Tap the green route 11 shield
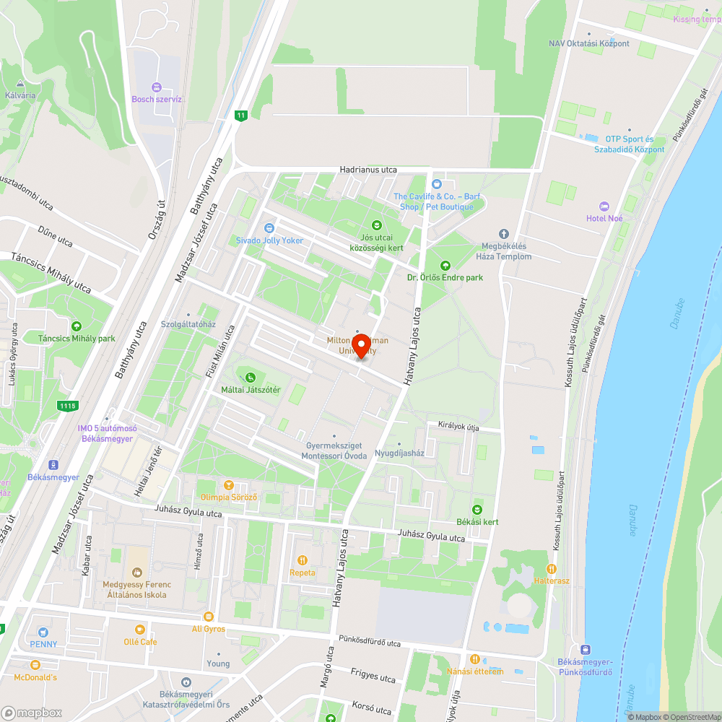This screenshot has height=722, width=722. click(x=240, y=116)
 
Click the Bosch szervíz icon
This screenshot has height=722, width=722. click(x=157, y=87)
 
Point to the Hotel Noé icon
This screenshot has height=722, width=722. click(x=604, y=206)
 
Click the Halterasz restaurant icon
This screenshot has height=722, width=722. click(x=552, y=568)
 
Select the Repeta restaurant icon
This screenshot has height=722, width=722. click(x=302, y=560)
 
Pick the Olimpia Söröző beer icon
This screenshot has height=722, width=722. click(x=228, y=485)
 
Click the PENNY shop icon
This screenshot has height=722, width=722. click(x=43, y=632)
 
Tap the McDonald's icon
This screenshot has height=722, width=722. click(x=35, y=665)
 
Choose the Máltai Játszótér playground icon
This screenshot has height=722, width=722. click(x=250, y=378)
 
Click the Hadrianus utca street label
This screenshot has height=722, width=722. click(x=368, y=170)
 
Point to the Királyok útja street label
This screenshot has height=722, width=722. click(x=458, y=426)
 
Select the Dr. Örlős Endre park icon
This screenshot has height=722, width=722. click(x=444, y=265)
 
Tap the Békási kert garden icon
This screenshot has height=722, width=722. click(x=477, y=509)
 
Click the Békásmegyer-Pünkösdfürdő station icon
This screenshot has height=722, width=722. click(x=585, y=650)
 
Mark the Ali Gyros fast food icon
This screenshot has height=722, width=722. click(x=208, y=617)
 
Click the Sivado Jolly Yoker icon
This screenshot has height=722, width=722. click(x=269, y=228)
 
